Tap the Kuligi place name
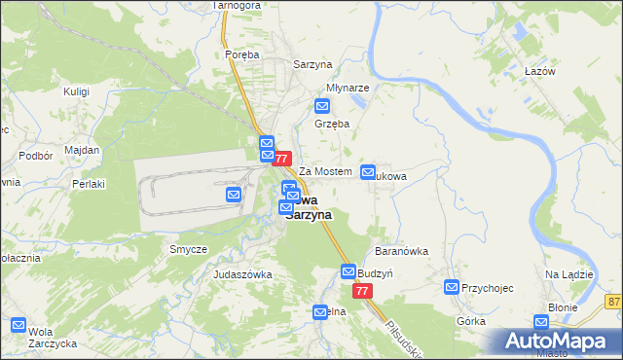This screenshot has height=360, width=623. click(x=76, y=90)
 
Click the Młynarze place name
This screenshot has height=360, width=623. click(x=347, y=87)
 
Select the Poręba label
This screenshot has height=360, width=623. click(x=241, y=55)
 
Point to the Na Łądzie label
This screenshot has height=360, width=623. click(x=569, y=274)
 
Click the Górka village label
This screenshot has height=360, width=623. click(x=470, y=319)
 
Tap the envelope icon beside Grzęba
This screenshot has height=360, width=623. click(x=323, y=107)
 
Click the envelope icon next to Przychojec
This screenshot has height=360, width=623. click(x=452, y=287)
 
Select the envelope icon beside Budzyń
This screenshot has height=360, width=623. click(x=348, y=271)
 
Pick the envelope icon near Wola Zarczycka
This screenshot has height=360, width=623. click(x=18, y=325)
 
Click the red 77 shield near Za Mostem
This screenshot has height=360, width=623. click(x=282, y=158)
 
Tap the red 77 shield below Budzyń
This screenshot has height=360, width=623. click(x=362, y=291)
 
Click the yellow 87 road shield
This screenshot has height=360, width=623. click(x=612, y=302)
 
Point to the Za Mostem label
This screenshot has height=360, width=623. click(x=324, y=171)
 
